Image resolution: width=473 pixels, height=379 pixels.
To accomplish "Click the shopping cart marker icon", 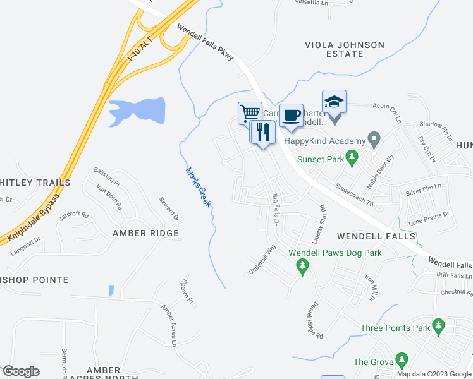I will click(250, 113).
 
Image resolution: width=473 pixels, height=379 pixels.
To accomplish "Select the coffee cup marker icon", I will click(291, 115).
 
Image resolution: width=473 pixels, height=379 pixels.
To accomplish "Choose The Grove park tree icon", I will click(401, 359).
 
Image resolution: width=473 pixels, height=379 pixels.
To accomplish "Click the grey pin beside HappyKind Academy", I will click(374, 139).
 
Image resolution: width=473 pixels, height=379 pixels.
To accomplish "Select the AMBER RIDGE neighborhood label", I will click(145, 233).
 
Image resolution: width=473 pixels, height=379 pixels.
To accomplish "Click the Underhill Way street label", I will click(262, 260).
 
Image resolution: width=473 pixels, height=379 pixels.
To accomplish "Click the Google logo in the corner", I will click(20, 371).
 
